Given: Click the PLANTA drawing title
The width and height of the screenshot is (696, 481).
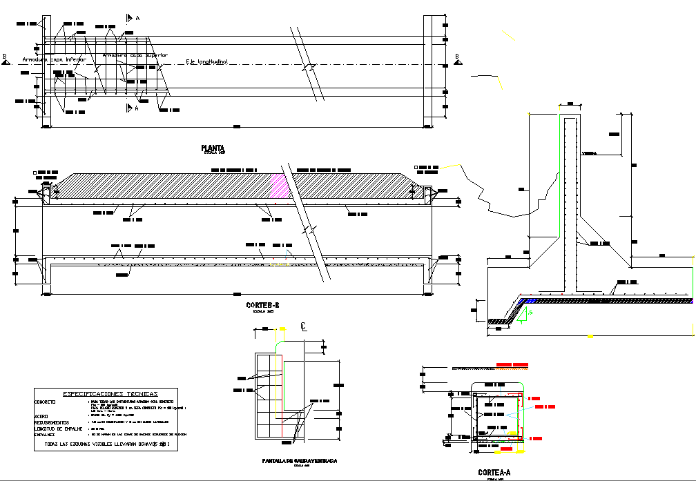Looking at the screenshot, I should point(212,148).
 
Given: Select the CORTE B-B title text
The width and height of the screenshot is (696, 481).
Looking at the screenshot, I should point(262,304).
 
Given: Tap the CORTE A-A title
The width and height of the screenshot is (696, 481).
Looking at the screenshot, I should point(494,473).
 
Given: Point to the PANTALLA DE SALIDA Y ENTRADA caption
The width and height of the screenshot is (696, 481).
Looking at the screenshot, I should point(300,461).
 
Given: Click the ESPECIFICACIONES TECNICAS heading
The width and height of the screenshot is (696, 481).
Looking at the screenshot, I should point(110,394).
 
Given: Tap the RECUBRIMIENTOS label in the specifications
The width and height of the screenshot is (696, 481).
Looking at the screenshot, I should point(52,422).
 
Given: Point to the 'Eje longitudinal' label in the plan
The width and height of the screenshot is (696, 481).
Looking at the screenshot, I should point(207,62).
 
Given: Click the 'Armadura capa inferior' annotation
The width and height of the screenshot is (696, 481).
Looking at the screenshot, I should point(54,60).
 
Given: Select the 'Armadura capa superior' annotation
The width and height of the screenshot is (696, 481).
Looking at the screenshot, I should point(135,55).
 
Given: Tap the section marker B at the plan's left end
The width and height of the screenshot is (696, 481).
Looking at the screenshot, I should point(5,58).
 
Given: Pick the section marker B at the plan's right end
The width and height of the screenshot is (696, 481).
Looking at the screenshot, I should point(456,58).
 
